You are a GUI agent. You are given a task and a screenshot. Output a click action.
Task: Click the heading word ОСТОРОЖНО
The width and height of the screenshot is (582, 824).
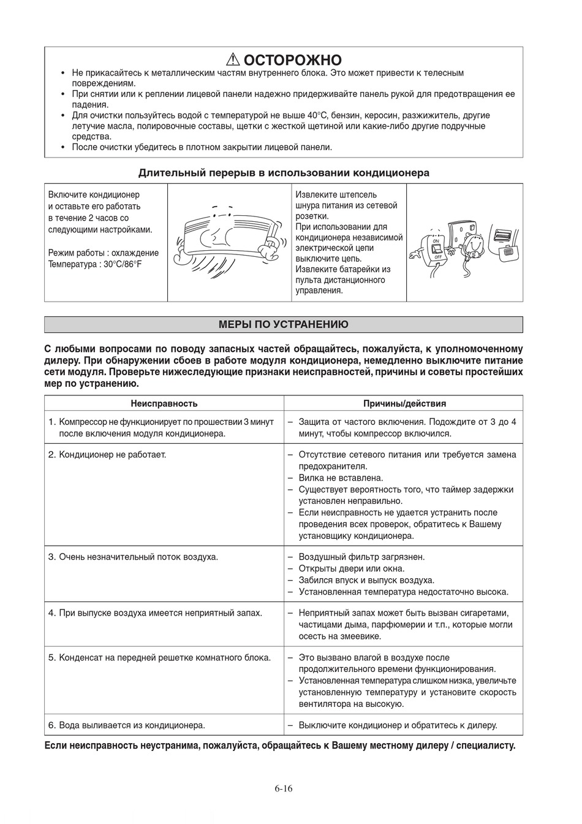coord(292,60)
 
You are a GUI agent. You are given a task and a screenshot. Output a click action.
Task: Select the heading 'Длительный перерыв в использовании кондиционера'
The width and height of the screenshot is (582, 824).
coord(284,173)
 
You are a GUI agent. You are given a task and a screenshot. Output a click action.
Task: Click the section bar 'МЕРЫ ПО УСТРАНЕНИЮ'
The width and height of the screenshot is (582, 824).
coord(284,324)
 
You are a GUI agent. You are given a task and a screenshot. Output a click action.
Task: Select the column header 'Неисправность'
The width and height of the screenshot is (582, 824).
coord(164,403)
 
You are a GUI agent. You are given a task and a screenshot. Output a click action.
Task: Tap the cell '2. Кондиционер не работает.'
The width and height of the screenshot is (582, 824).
coord(107,454)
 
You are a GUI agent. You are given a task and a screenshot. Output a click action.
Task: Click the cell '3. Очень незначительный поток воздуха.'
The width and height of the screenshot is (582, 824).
coord(133,557)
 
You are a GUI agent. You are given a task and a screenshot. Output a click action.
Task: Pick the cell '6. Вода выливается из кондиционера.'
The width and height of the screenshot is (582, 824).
coord(126,725)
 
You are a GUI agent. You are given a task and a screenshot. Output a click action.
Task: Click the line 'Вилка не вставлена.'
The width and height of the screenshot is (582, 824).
coord(341,478)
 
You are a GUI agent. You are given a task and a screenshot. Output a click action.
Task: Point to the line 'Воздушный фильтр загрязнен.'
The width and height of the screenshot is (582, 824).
coord(361,557)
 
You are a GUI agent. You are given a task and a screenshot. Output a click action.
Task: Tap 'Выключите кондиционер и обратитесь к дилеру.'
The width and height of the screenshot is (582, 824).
coord(398,725)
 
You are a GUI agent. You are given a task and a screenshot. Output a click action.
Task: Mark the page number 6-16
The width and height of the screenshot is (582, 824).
coord(284,788)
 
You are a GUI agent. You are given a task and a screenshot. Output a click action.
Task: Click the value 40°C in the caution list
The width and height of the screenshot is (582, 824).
coord(317,115)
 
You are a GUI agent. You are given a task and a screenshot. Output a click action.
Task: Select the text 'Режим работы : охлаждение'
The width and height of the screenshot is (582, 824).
coord(103,253)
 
